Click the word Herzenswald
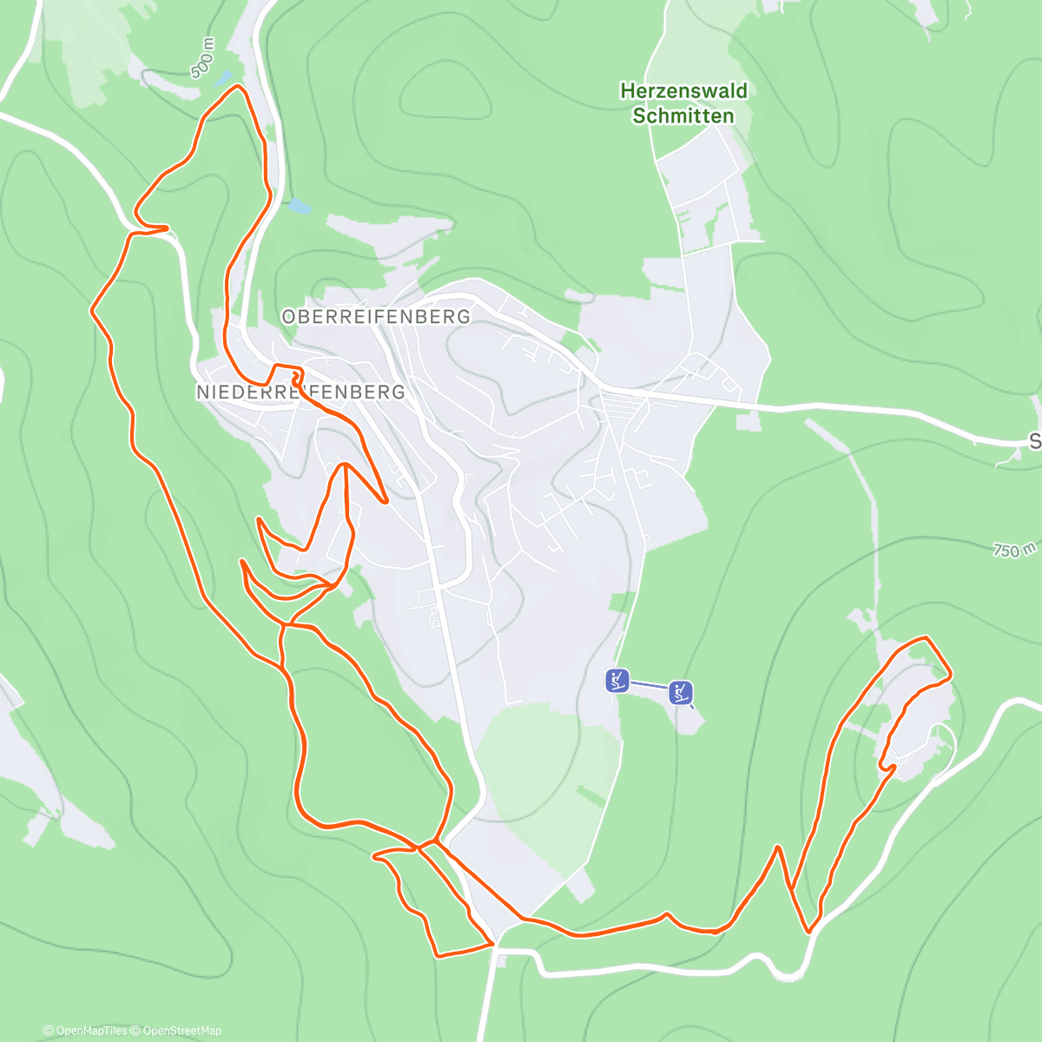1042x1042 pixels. click(683, 90)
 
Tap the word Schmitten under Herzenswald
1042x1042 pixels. click(683, 115)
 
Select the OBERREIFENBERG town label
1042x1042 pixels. click(376, 317)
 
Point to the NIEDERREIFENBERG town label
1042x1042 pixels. click(300, 392)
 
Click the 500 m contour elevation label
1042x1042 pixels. click(202, 58)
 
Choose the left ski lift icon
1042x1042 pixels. click(617, 680)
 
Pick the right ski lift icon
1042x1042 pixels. click(681, 692)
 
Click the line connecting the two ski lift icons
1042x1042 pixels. click(649, 686)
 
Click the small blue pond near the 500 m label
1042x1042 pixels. click(224, 77)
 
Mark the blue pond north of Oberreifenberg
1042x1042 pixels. click(299, 207)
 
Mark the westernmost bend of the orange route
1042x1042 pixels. click(93, 309)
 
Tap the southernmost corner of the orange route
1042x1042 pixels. click(439, 956)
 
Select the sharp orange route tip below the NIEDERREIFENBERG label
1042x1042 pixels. click(385, 502)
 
